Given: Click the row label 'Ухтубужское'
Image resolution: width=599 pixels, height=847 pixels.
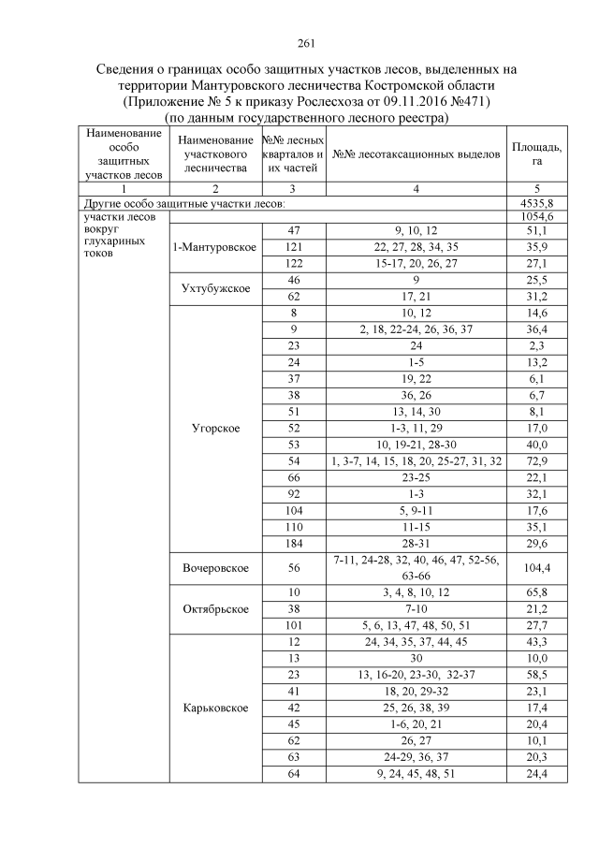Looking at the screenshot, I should coord(214,287).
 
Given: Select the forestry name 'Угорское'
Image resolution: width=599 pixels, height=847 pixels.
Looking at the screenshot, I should coord(214,429).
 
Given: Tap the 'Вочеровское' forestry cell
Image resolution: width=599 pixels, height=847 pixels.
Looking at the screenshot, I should coord(214,567).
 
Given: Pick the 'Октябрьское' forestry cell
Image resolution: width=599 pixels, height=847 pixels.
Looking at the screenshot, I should coord(214,608).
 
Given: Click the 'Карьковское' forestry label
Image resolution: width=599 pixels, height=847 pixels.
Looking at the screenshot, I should coord(214,708).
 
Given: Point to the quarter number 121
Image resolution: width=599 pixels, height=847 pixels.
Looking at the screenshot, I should coord(293,246).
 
